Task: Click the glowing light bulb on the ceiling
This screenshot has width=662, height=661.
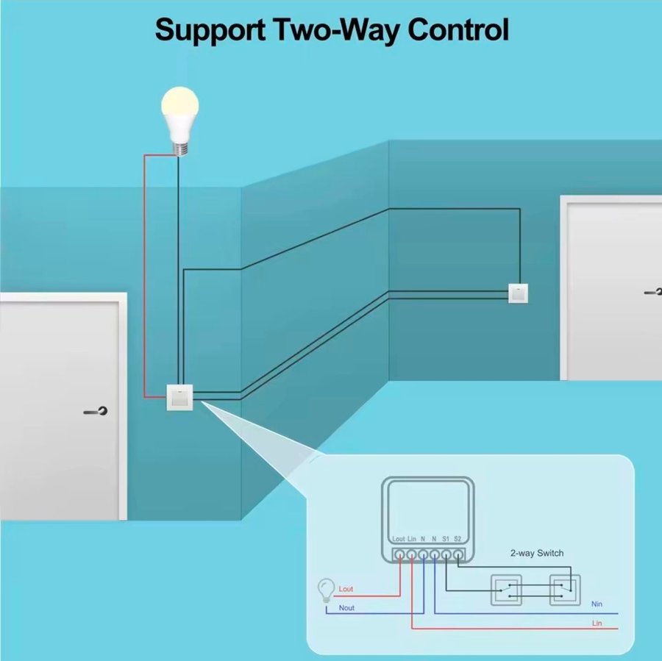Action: tap(180, 114)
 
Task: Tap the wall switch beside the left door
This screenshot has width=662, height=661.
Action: tap(179, 398)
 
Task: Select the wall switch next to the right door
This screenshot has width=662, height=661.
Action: tap(519, 293)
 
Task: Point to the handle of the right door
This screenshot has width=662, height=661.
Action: tap(652, 292)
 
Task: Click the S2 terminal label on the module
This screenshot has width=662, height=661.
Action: tap(458, 539)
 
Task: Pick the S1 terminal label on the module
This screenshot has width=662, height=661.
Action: tap(446, 539)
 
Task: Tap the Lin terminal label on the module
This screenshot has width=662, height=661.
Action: tap(412, 539)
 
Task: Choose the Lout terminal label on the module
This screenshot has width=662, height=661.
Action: tap(399, 539)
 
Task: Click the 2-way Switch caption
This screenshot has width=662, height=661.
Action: tap(537, 553)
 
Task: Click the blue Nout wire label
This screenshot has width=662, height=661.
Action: tap(346, 608)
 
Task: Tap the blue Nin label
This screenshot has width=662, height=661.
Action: tap(597, 604)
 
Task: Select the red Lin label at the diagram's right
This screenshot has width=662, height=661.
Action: tap(597, 623)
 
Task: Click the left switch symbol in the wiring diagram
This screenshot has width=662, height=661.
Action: tap(506, 589)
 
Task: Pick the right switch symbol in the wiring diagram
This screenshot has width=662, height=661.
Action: tap(565, 589)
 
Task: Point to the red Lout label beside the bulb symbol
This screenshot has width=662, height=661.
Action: tap(346, 589)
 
